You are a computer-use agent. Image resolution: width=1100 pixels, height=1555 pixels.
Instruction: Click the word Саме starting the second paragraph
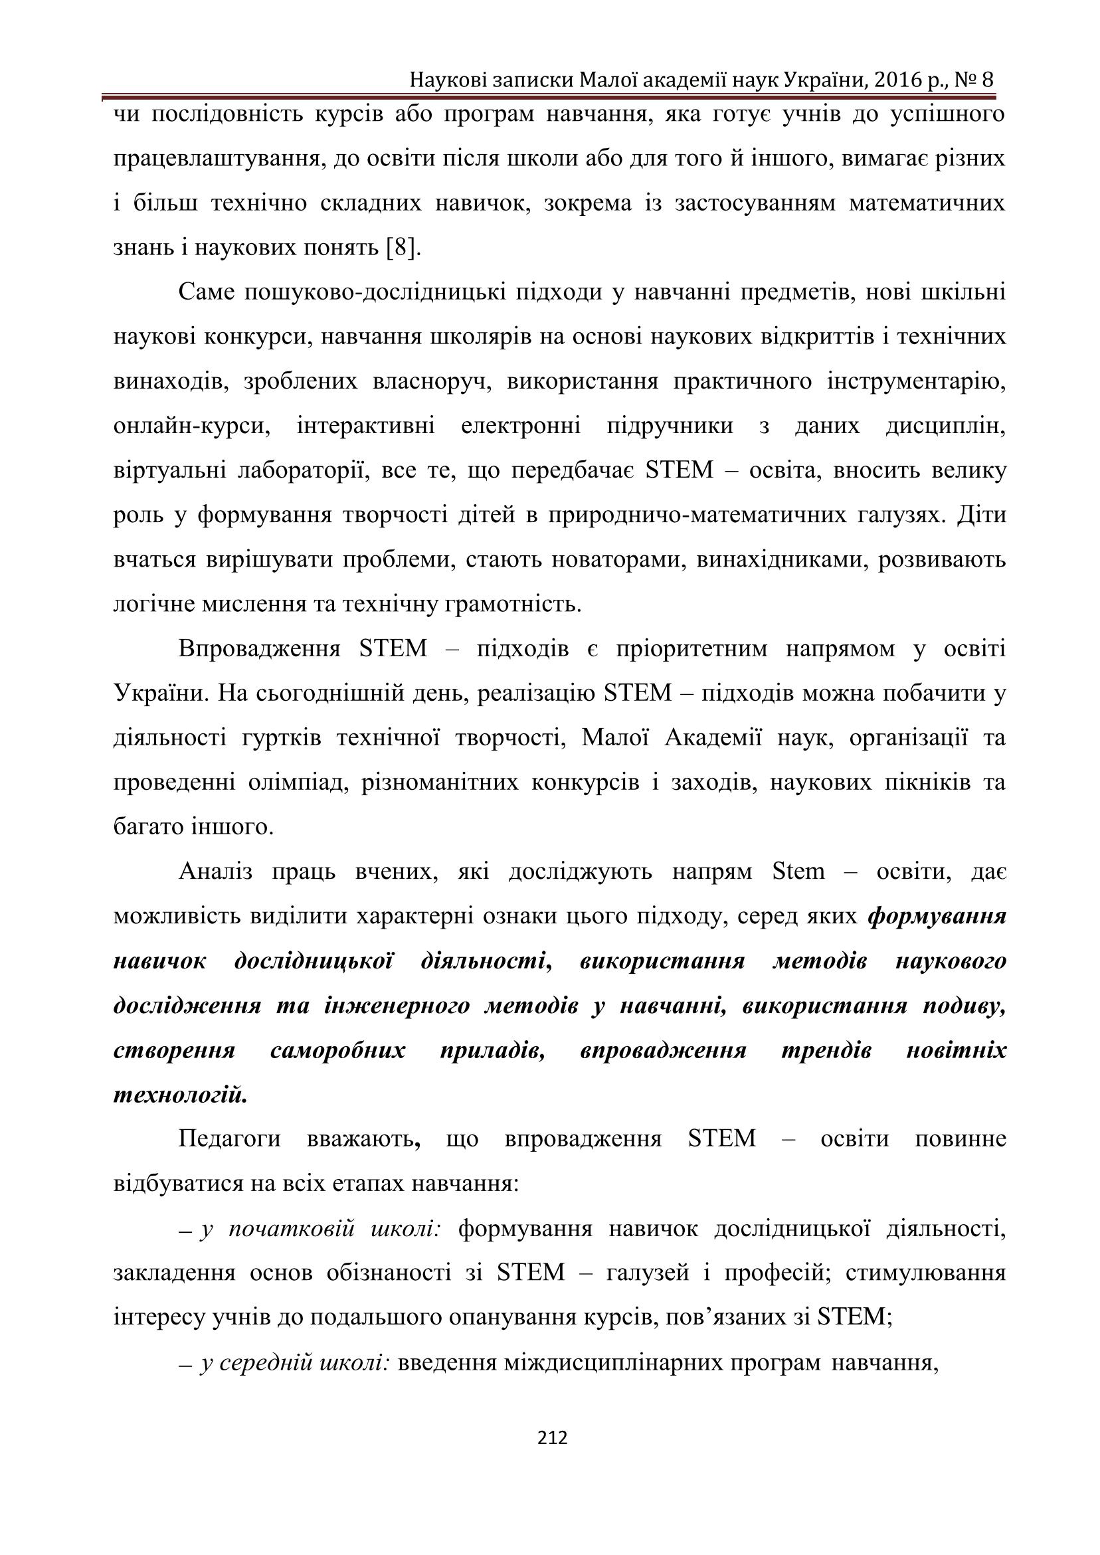coord(207,292)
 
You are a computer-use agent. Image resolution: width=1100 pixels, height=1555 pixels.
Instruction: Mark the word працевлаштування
coord(215,159)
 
